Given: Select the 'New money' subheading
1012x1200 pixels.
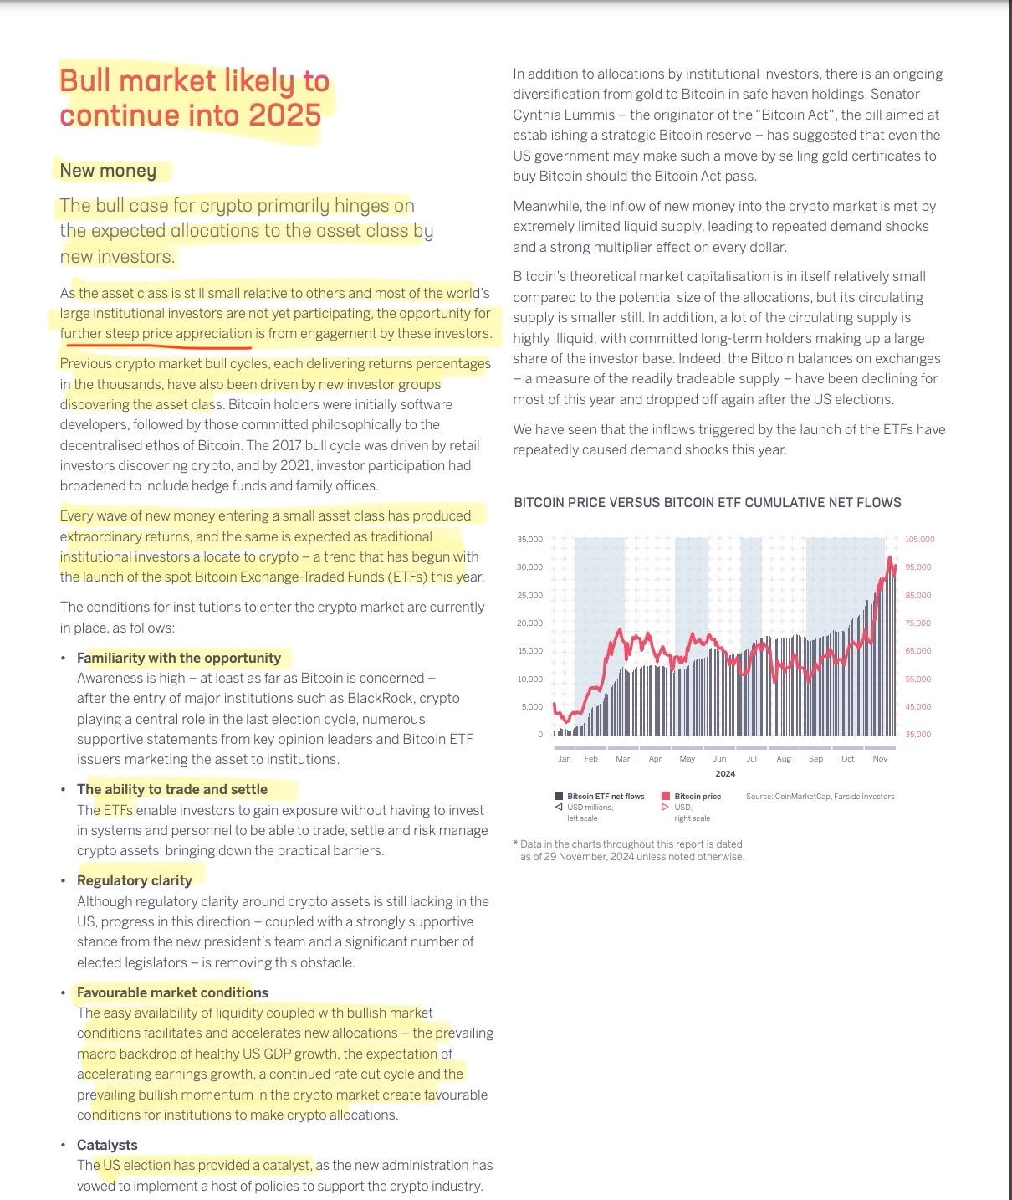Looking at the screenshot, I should pos(108,171).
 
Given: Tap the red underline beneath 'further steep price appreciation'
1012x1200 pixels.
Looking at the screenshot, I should pos(156,344).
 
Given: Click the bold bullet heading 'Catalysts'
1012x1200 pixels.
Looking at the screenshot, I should pos(107,1145).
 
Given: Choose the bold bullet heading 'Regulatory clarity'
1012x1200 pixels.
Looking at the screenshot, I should pos(135,880).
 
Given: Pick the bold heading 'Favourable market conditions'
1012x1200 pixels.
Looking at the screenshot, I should pos(172,992).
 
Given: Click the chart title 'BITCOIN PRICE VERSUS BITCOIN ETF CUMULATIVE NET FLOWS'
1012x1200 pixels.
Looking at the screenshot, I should pos(707,502).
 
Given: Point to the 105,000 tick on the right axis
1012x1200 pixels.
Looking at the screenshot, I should pos(919,540).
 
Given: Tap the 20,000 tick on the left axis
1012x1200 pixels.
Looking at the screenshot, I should pos(529,623).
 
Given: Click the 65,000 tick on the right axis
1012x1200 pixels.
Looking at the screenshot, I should pos(917,651).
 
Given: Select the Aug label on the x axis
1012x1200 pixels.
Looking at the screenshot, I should pos(783,759).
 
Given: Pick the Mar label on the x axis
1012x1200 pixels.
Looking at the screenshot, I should pos(622,759).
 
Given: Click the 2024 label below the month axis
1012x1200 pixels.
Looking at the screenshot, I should pos(725,774).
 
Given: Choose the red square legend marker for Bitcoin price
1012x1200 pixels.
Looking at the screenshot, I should pos(666,796).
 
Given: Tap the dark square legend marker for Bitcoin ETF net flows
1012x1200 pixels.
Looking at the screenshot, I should pos(559,796).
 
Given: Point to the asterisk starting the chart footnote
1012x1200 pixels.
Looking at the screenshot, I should pos(515,843).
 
